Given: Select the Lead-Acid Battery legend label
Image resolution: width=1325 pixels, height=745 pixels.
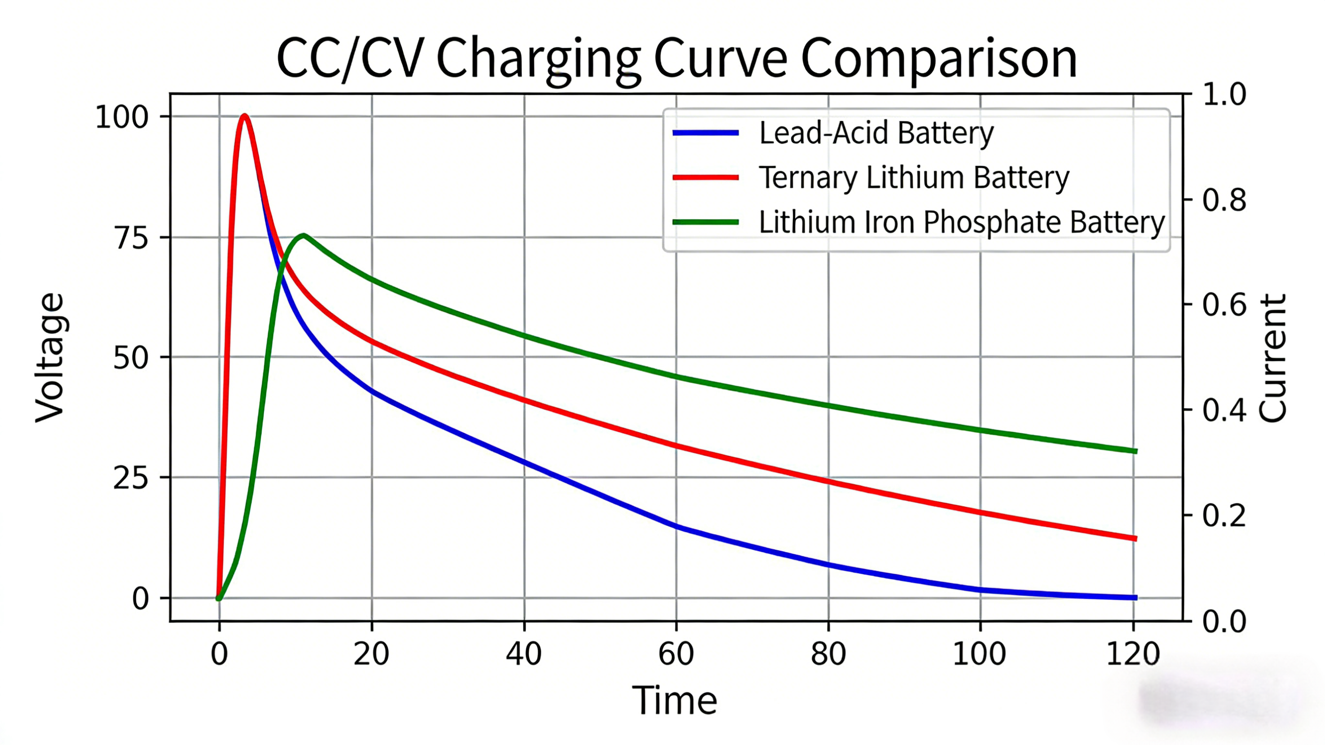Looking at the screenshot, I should point(876,133).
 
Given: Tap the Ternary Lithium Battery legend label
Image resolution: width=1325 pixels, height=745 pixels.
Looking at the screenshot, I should point(913,178).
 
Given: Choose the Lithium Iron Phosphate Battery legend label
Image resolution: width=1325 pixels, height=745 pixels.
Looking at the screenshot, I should point(961,222).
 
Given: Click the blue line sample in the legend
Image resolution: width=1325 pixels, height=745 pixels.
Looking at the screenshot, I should point(705,133).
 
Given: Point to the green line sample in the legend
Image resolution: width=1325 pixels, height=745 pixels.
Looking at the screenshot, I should point(705,222).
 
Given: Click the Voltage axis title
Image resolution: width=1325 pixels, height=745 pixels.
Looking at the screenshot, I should point(50,358).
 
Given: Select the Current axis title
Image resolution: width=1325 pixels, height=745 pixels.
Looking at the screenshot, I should point(1273,358).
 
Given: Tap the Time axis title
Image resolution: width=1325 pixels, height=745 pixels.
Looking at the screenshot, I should point(674,700).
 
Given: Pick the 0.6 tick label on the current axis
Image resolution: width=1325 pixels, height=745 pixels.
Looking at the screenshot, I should point(1224,305).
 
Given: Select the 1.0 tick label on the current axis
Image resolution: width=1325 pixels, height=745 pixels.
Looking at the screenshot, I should point(1224,95).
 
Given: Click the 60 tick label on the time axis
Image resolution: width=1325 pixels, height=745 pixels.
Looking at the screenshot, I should point(676,654).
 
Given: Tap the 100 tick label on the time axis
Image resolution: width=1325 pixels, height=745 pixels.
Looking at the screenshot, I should point(979,654).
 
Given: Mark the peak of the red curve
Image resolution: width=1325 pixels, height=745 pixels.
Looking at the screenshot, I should point(245,116).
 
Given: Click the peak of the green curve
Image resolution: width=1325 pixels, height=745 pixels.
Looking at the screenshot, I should point(304,236).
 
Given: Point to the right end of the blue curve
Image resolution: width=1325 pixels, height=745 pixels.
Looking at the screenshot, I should point(1136,598).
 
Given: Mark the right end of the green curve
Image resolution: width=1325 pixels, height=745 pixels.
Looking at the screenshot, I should point(1136,451).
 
